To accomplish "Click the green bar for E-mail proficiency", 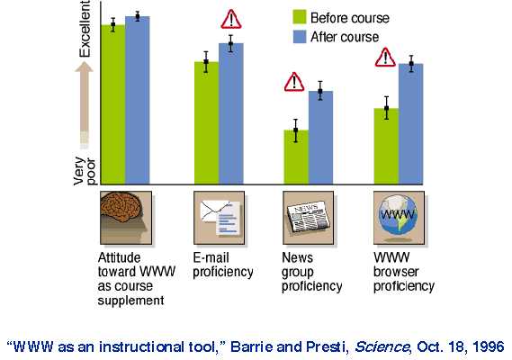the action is click(x=206, y=122).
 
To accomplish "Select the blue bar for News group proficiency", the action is click(x=320, y=138).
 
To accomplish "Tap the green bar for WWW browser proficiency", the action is click(x=386, y=146).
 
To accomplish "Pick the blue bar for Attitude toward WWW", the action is click(x=138, y=100).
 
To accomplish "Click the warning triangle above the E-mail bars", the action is click(x=231, y=20).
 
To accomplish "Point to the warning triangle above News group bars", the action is click(x=294, y=82).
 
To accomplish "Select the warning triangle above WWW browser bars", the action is click(x=385, y=58).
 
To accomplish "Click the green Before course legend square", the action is click(x=300, y=17).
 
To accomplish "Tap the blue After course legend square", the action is click(x=300, y=37).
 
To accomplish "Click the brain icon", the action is click(x=126, y=218).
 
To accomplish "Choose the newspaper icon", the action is click(x=309, y=218).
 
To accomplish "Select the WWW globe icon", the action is click(x=399, y=218).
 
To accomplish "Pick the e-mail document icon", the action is click(x=219, y=218).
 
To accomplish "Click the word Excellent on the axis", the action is click(x=85, y=29).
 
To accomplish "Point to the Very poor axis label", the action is click(x=85, y=171).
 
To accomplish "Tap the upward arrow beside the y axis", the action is click(x=85, y=105).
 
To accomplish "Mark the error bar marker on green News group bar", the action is click(x=296, y=130).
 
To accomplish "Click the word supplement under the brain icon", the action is click(x=131, y=301).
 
